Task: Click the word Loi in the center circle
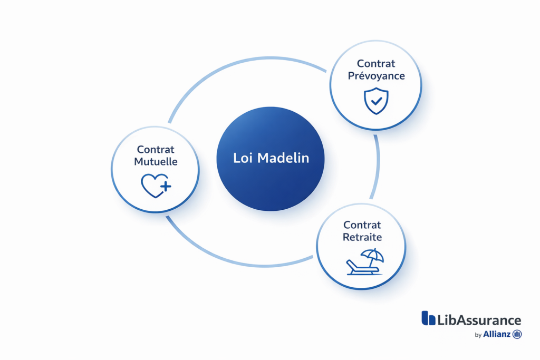[243, 158]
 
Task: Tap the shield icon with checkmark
[376, 101]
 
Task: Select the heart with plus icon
[155, 186]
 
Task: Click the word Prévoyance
[376, 76]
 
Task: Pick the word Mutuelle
[156, 162]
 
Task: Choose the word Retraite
[362, 237]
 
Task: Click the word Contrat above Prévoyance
[376, 64]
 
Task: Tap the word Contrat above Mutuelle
[156, 150]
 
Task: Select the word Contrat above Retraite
[362, 225]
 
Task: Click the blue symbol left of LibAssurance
[428, 318]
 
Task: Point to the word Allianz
[496, 334]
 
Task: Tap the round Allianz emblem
[517, 334]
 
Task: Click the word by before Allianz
[478, 335]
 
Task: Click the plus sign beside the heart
[166, 186]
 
